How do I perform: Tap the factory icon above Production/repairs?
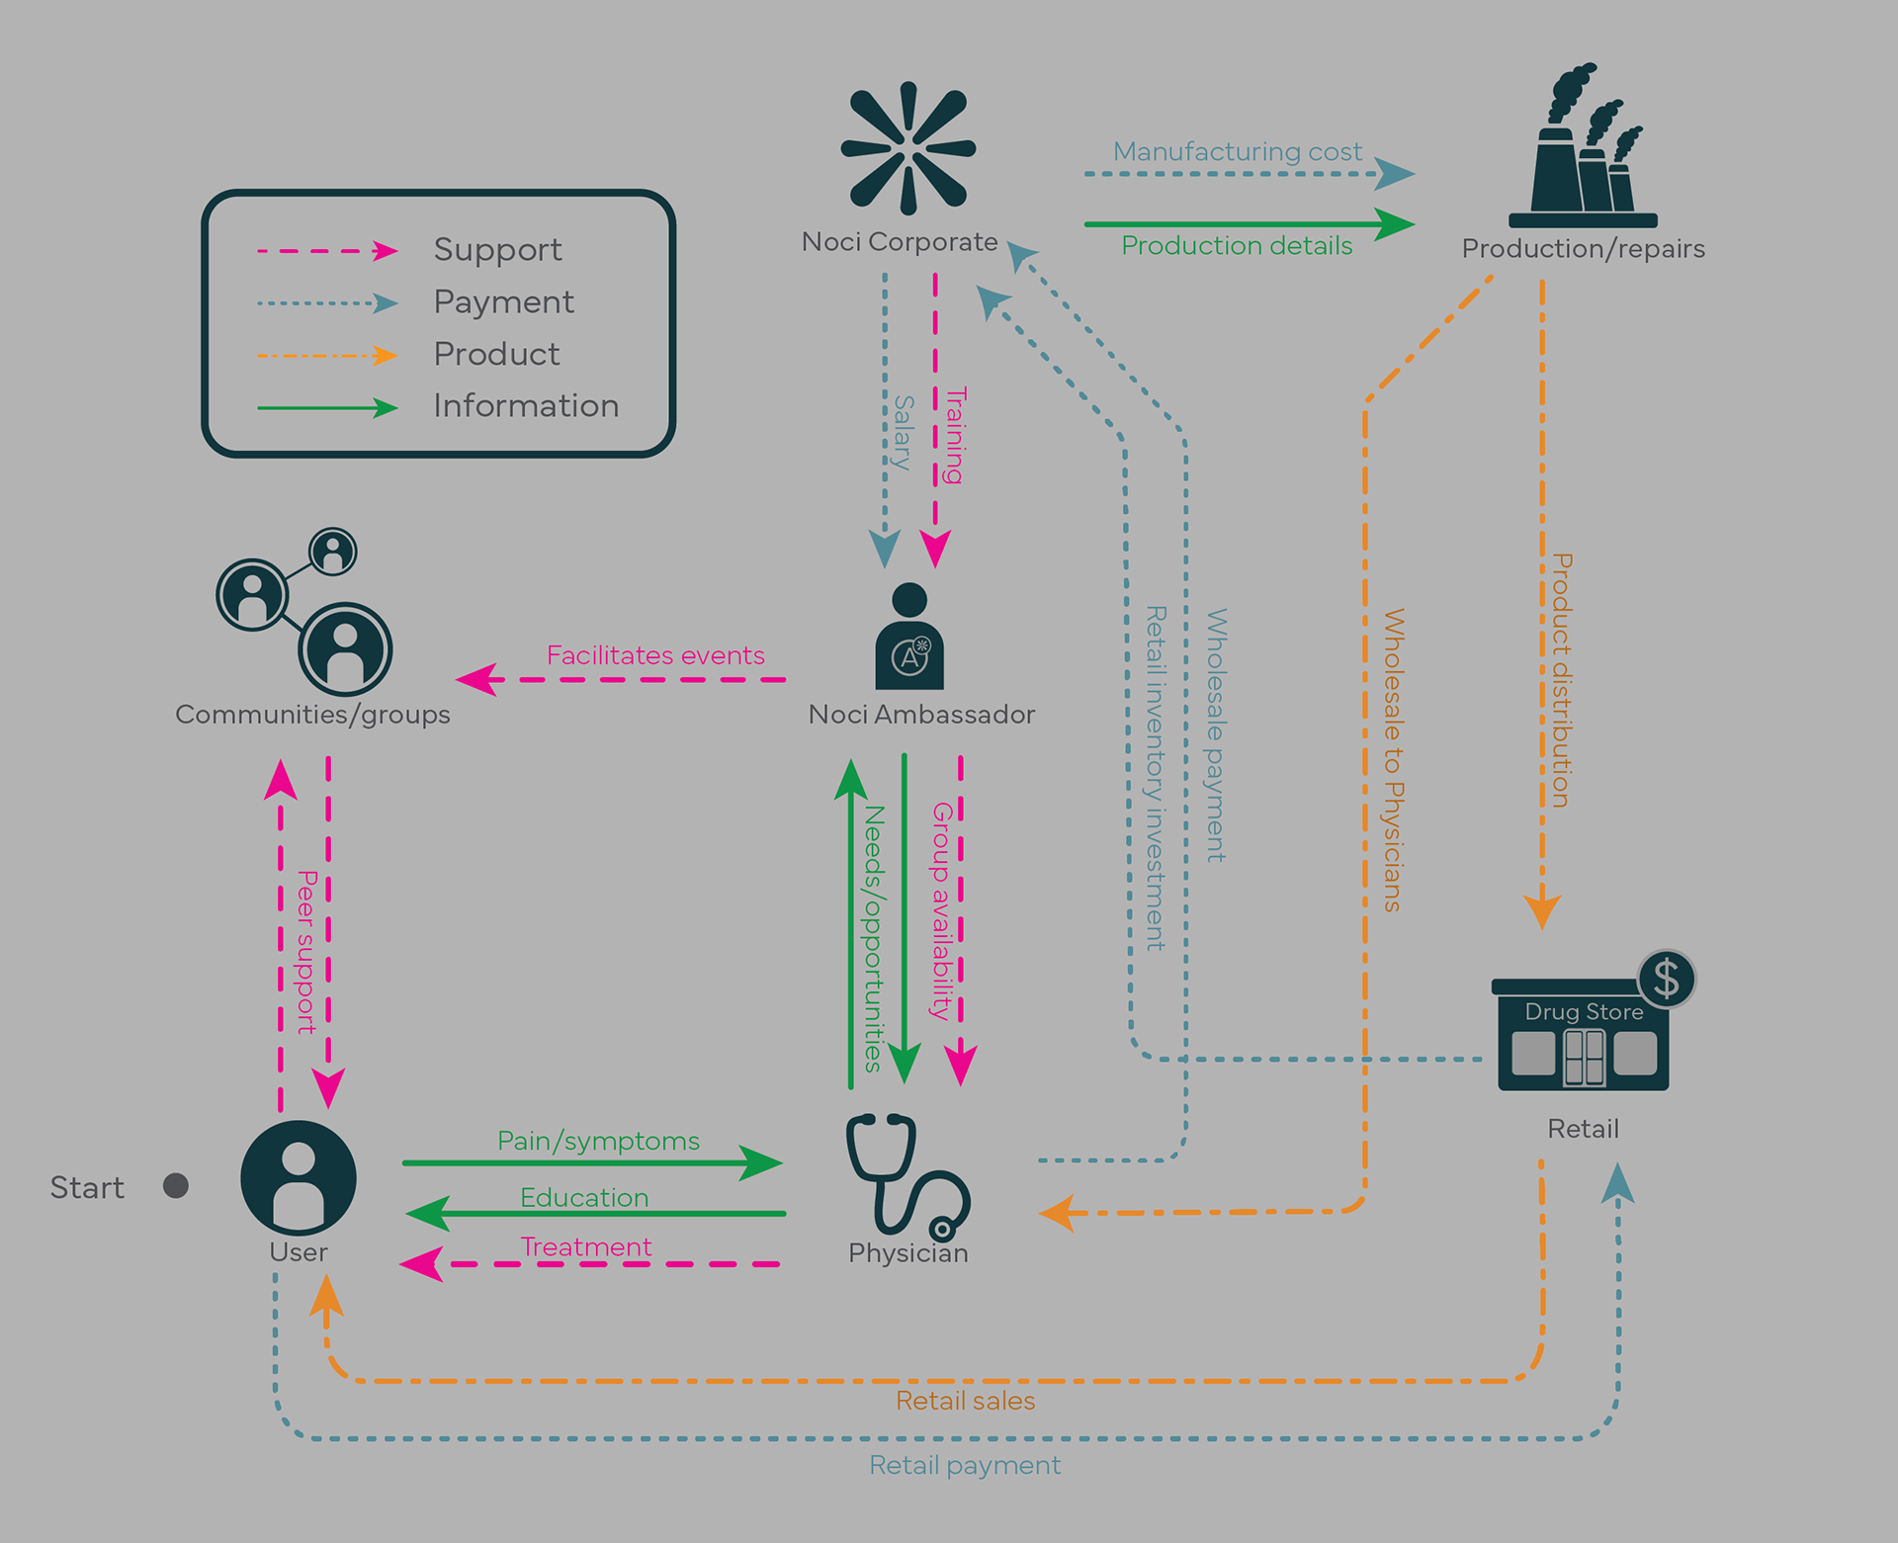click(x=1582, y=148)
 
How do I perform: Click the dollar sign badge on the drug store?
click(x=1667, y=979)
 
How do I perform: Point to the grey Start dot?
click(x=176, y=1185)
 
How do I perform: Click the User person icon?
click(x=299, y=1176)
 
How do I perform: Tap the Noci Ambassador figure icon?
click(x=909, y=638)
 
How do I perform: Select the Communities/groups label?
click(x=312, y=714)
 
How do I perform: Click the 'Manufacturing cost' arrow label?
click(x=1237, y=151)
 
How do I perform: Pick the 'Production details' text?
click(x=1237, y=245)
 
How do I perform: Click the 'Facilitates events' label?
click(x=655, y=655)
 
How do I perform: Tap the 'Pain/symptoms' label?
click(x=598, y=1141)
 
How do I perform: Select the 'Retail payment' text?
click(x=965, y=1465)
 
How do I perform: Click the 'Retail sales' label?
click(x=965, y=1401)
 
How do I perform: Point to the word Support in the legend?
click(x=497, y=249)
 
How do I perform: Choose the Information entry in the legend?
click(x=526, y=405)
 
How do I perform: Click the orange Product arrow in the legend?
click(x=326, y=355)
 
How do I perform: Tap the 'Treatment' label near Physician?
click(x=586, y=1246)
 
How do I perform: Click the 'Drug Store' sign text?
click(x=1584, y=1011)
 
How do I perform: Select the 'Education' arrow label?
click(x=584, y=1197)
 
